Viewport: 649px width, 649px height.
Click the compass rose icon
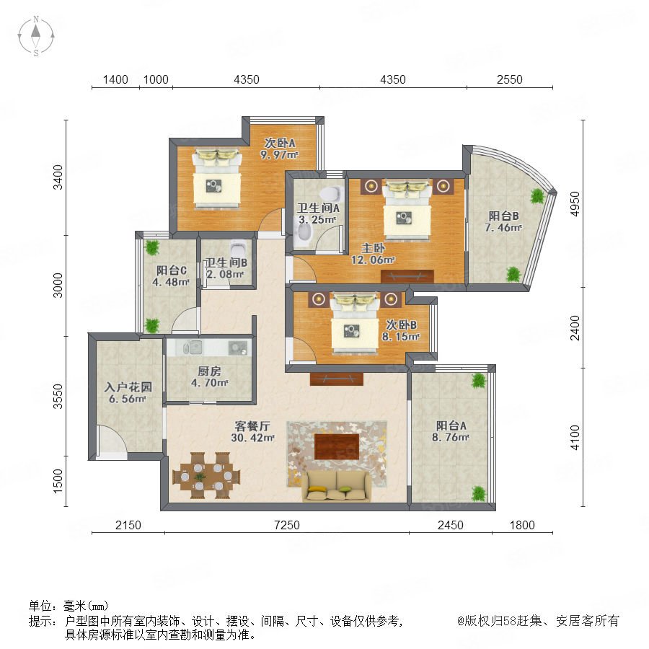pos(36,36)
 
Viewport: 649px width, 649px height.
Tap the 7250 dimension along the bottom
pos(287,525)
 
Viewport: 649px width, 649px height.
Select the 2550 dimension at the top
pos(510,79)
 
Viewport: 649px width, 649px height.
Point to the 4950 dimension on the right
pos(575,203)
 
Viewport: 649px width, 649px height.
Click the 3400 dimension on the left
pos(58,177)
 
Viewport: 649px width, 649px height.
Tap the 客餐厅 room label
pos(252,426)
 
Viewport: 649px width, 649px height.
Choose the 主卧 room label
pos(374,248)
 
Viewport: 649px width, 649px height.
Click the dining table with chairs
pos(206,476)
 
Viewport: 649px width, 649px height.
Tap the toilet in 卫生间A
pos(331,194)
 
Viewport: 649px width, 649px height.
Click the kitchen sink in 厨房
pos(192,348)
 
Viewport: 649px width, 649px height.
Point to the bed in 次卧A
pos(217,179)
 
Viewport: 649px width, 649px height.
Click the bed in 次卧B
pos(355,323)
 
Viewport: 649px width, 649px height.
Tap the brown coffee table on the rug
pos(337,446)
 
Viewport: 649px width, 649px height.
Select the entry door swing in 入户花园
pos(112,442)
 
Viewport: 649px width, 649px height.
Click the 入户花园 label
pos(128,387)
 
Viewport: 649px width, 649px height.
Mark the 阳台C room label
pos(172,270)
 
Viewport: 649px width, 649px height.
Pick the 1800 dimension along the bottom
pos(522,525)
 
